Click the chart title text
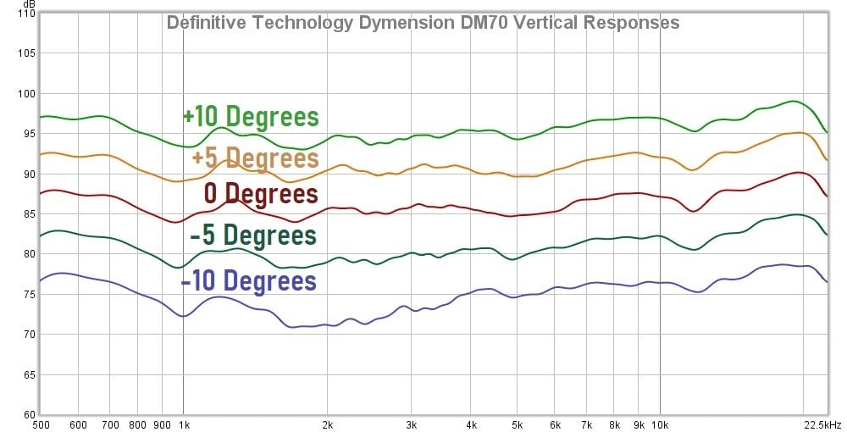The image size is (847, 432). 423,23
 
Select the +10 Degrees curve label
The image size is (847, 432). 251,116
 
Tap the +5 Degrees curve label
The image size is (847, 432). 255,158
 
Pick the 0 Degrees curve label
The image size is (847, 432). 261,193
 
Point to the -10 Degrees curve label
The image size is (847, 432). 248,280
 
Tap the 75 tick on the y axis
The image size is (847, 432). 27,294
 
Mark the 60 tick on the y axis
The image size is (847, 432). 27,414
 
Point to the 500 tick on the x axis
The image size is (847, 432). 40,424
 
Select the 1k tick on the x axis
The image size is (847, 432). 183,424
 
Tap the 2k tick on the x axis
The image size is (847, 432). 328,424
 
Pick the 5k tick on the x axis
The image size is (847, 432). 518,424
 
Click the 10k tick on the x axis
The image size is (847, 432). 660,424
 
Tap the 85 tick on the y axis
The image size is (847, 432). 27,214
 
